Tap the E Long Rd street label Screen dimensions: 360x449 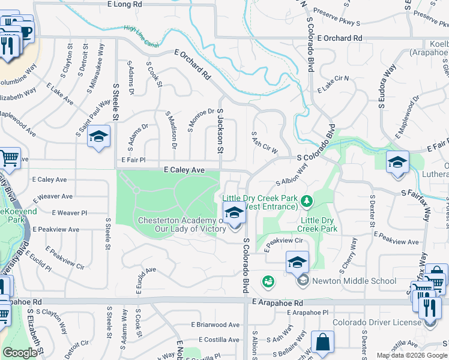(x=125, y=4)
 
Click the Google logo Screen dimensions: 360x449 (x=20, y=353)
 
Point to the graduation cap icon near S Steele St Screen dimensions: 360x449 (x=99, y=137)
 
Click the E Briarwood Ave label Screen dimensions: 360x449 (x=215, y=325)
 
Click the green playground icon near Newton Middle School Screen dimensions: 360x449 (x=268, y=280)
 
